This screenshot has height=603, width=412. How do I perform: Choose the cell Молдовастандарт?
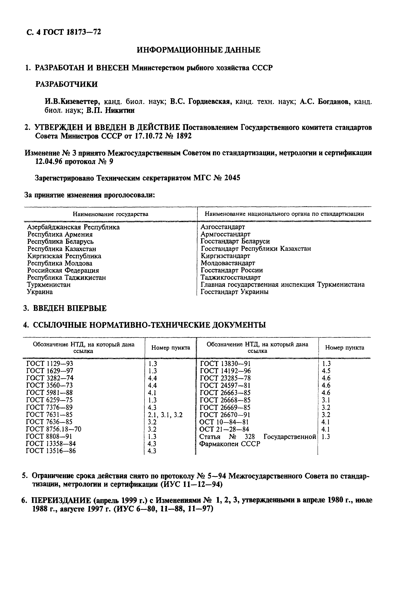coord(228,263)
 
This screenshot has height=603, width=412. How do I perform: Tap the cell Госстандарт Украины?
coord(234,292)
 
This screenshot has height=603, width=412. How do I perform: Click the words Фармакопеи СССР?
coord(229,444)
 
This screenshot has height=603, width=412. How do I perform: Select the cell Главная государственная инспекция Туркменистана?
coord(282,285)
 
